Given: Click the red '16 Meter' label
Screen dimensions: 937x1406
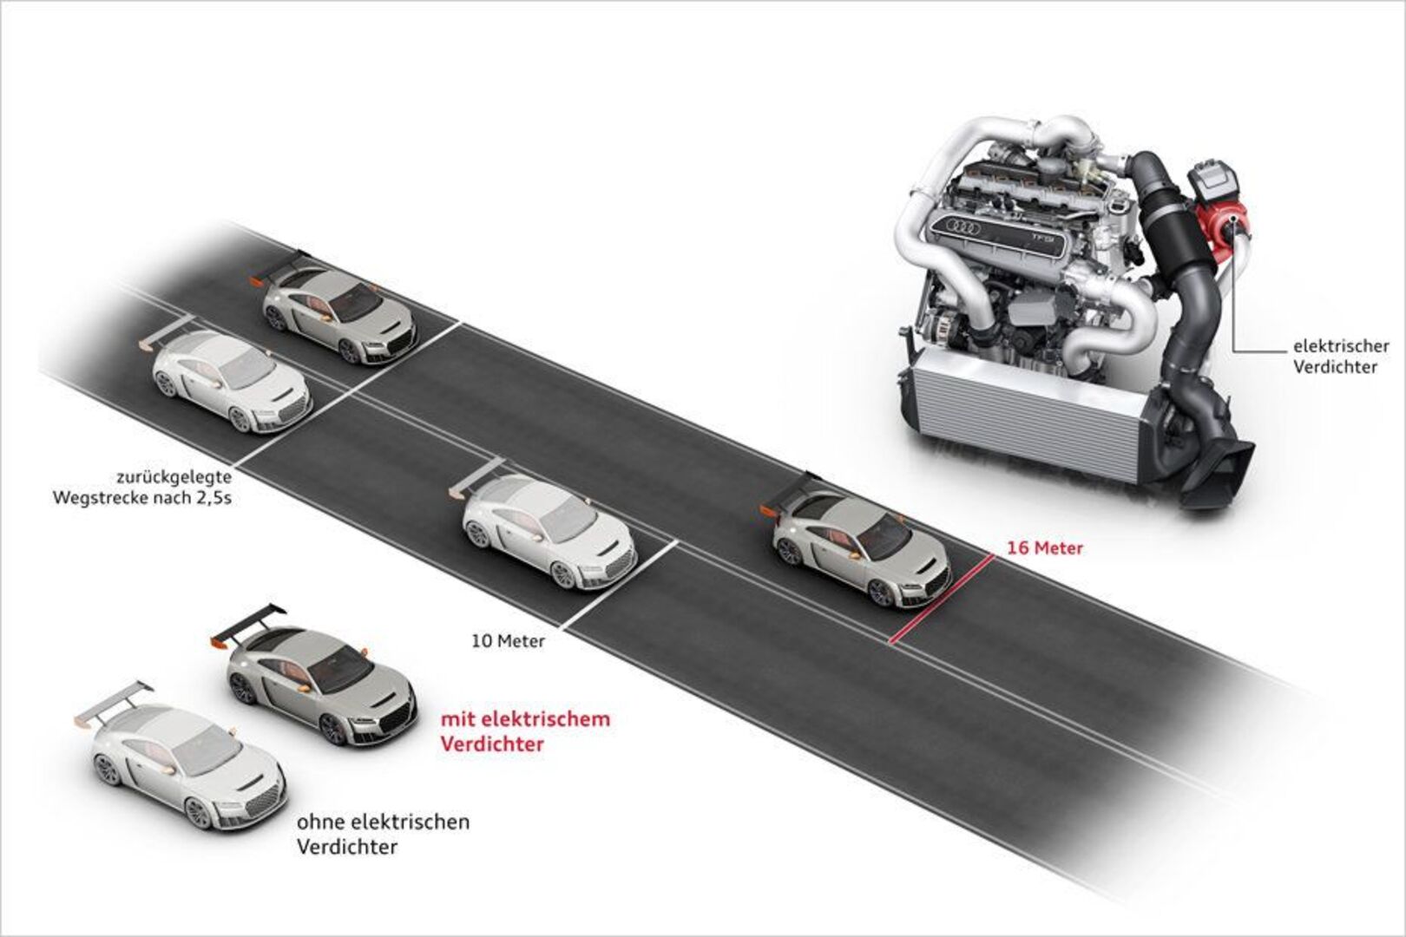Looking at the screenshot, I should [x=1044, y=548].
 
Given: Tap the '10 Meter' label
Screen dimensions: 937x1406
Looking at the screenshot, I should [x=508, y=642].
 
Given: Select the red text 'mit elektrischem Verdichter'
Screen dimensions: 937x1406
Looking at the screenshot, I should [x=525, y=731].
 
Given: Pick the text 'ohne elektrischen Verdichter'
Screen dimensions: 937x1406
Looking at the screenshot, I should [x=383, y=833].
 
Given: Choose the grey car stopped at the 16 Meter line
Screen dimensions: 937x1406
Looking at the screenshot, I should [x=861, y=547].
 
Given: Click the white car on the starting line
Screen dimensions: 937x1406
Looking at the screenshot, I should [x=231, y=382].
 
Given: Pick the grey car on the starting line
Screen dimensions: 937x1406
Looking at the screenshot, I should [x=338, y=308].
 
